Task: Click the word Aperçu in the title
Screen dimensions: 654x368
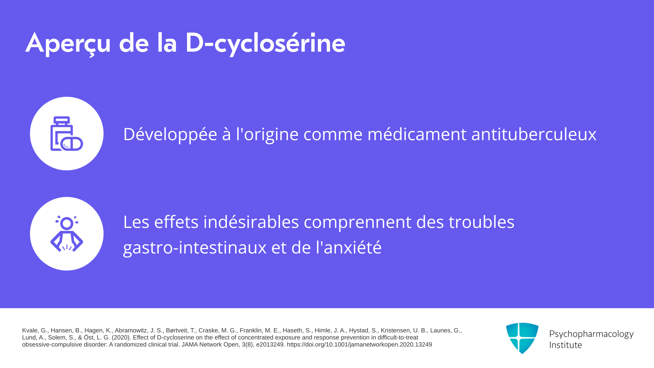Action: pyautogui.click(x=68, y=44)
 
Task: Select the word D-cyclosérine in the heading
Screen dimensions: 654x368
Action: pyautogui.click(x=265, y=44)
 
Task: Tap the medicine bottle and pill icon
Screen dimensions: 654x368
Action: pyautogui.click(x=67, y=134)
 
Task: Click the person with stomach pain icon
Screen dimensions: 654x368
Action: pyautogui.click(x=67, y=234)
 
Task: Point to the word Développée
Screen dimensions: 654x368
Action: pyautogui.click(x=170, y=134)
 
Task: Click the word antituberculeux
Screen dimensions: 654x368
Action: pyautogui.click(x=534, y=134)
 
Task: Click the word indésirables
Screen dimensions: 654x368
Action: pyautogui.click(x=251, y=222)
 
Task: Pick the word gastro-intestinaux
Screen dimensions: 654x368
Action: pyautogui.click(x=195, y=248)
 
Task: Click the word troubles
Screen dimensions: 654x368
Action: pyautogui.click(x=481, y=222)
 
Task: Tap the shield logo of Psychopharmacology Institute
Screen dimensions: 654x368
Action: pyautogui.click(x=522, y=338)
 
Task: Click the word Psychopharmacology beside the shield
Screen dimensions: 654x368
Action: pyautogui.click(x=591, y=334)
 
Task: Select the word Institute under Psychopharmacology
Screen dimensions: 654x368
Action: pyautogui.click(x=566, y=345)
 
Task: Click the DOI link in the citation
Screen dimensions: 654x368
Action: pyautogui.click(x=359, y=344)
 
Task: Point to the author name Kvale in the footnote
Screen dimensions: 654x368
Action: pyautogui.click(x=30, y=331)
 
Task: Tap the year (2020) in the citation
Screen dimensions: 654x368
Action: pyautogui.click(x=121, y=338)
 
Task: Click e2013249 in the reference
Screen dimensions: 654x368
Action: pyautogui.click(x=270, y=344)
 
